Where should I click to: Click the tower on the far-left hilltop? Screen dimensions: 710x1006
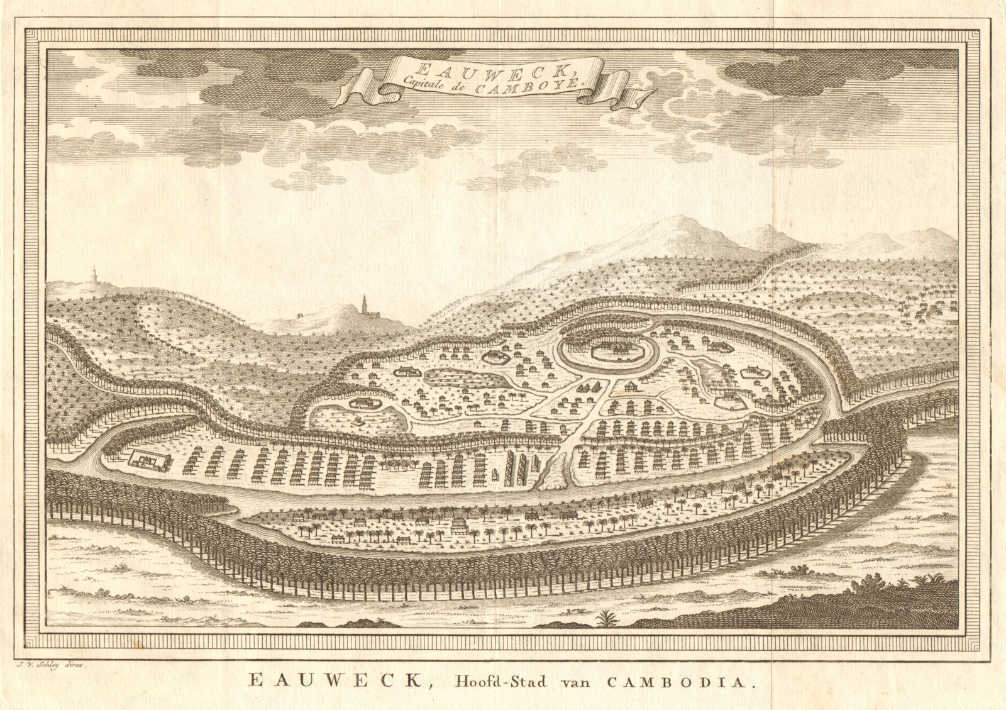point(77,276)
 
